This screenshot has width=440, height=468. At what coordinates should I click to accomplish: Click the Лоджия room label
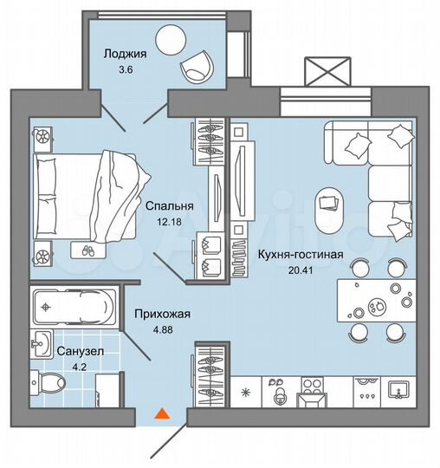point(126,53)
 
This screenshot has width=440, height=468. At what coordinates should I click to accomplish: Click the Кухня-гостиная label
point(301,254)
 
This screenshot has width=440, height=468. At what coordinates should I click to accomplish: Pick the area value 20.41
point(301,270)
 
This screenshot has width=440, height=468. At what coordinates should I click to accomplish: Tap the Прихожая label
point(160,314)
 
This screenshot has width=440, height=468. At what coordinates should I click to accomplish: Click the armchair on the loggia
point(199,63)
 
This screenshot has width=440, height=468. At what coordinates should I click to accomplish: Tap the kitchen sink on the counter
point(399,390)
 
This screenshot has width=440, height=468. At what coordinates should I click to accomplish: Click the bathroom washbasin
point(42,345)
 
